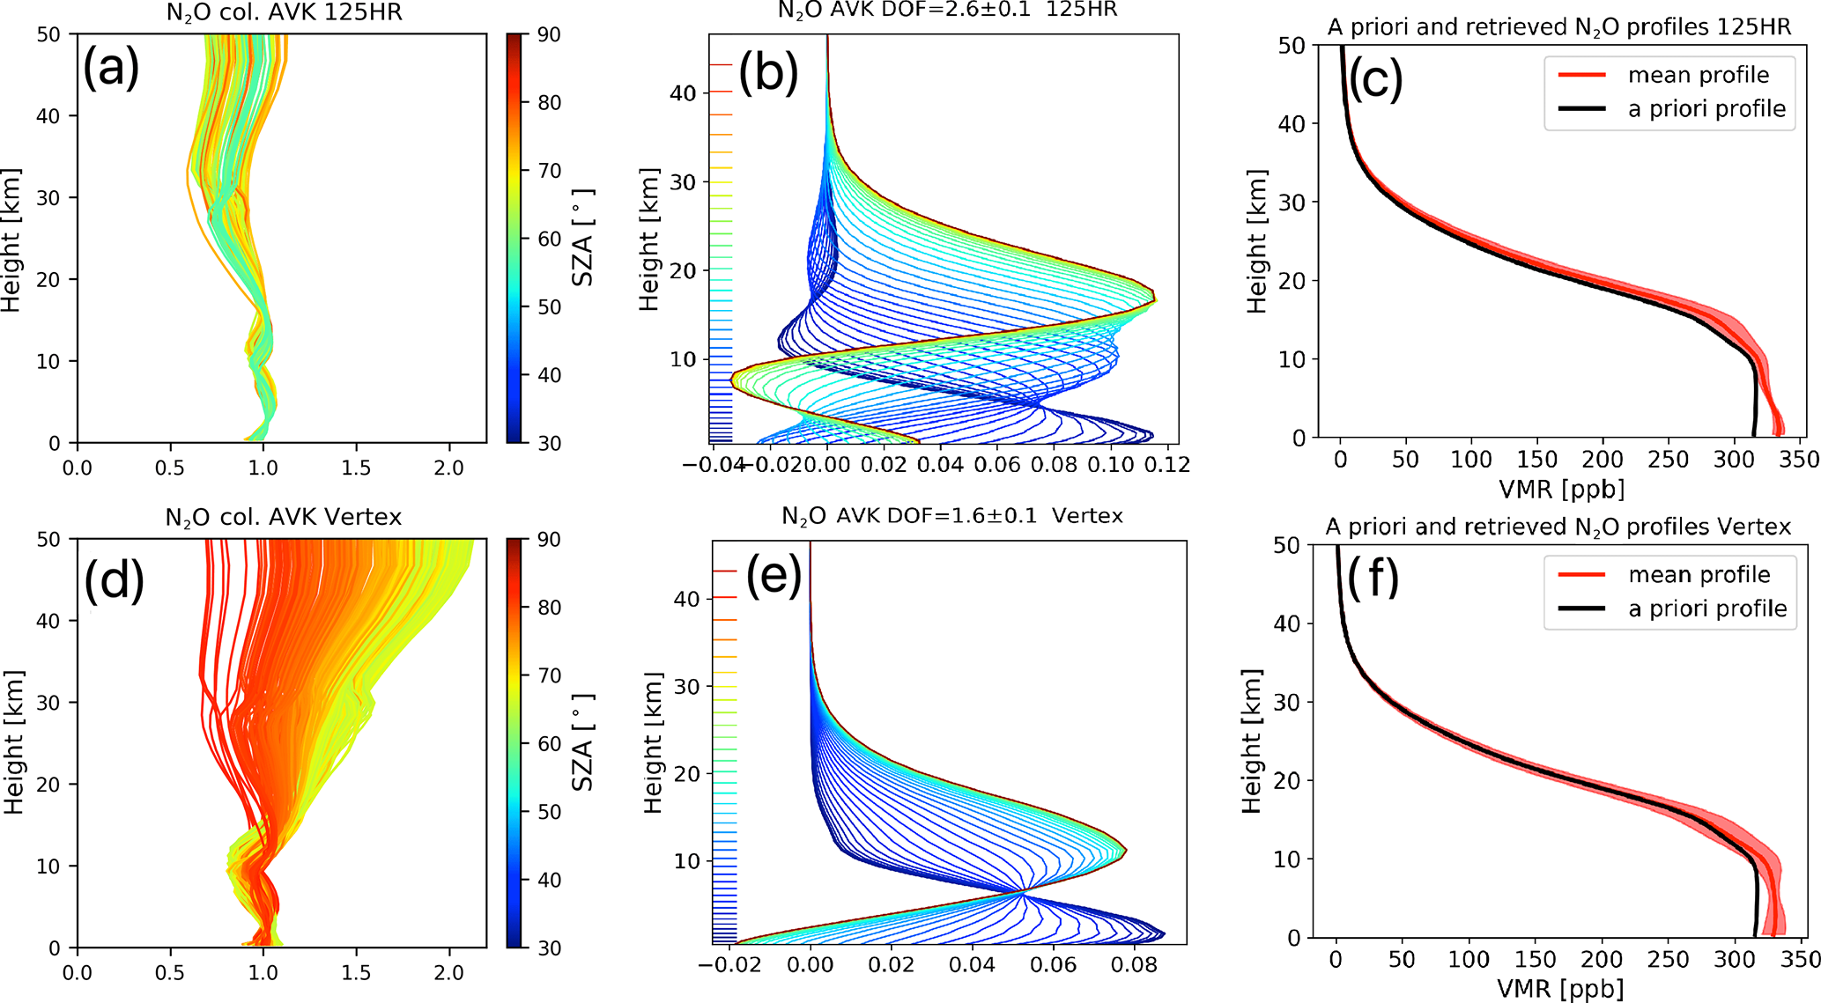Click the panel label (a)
click(x=111, y=69)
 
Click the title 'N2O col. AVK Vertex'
click(x=283, y=517)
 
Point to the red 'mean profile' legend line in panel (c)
click(x=1582, y=76)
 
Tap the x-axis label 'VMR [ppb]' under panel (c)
click(x=1561, y=488)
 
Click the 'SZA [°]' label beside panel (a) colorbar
click(x=583, y=238)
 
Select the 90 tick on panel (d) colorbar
click(x=549, y=539)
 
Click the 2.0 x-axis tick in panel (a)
click(x=448, y=468)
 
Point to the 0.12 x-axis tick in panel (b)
click(x=1167, y=464)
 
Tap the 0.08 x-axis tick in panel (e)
click(x=1134, y=965)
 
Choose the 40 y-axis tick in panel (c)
click(x=1292, y=123)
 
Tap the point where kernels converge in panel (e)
click(x=1023, y=892)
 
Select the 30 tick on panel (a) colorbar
click(x=549, y=443)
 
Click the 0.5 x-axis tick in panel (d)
click(x=170, y=972)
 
